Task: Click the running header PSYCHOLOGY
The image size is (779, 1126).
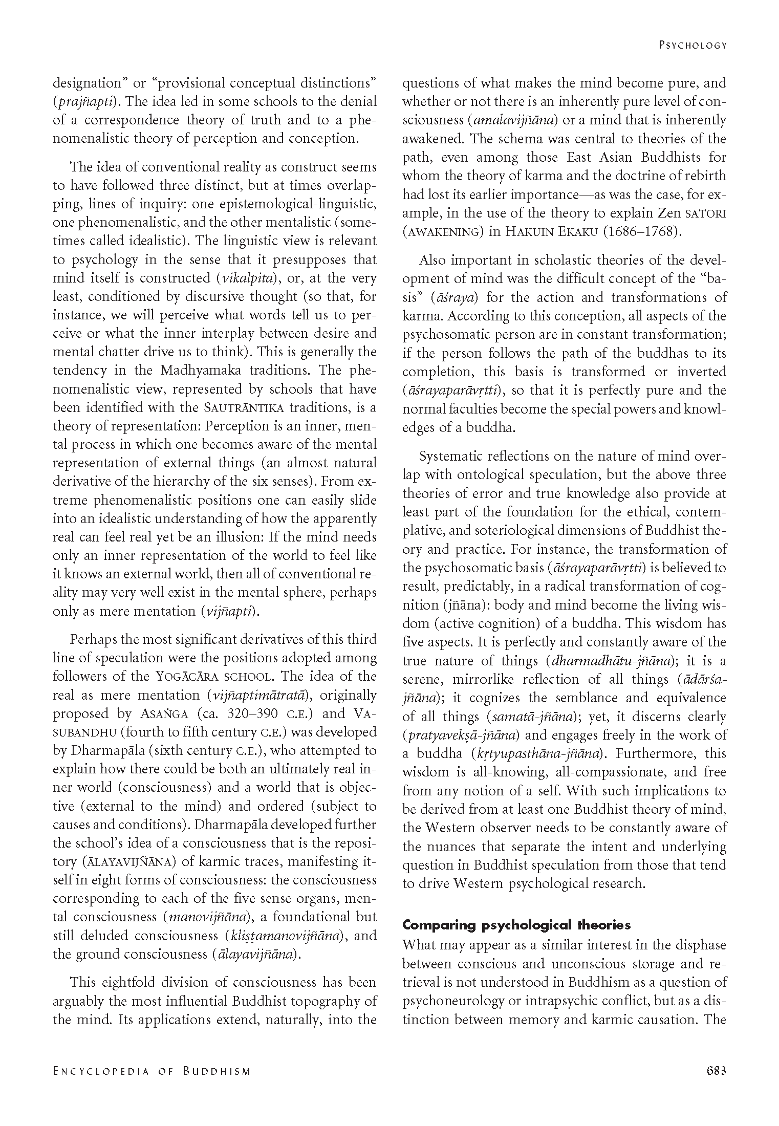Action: pos(693,45)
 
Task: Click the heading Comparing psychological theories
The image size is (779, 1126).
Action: pos(516,925)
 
